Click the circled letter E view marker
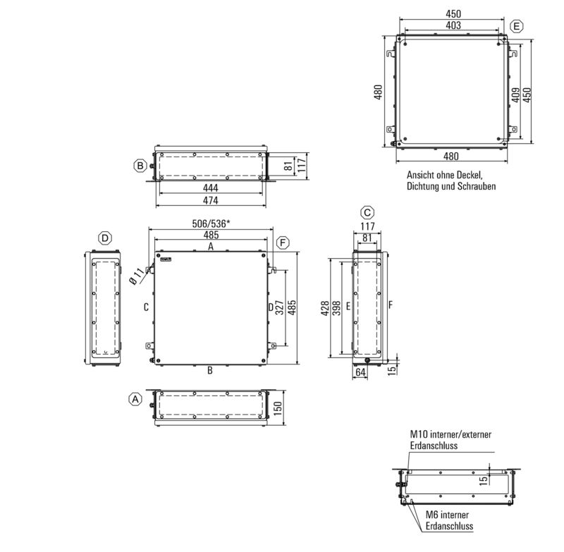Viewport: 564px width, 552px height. (517, 26)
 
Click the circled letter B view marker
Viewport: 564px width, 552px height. (140, 166)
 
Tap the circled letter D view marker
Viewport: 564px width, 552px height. (104, 238)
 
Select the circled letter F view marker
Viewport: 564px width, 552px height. (283, 243)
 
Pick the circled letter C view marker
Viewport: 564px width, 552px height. (367, 212)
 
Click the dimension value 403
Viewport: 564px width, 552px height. (453, 25)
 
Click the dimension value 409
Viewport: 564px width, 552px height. (516, 94)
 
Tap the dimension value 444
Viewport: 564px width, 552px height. (210, 188)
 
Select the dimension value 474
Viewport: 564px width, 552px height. (210, 201)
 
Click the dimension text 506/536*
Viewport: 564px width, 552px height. (211, 223)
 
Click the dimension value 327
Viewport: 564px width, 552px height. (280, 308)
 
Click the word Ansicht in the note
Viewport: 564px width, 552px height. (421, 175)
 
